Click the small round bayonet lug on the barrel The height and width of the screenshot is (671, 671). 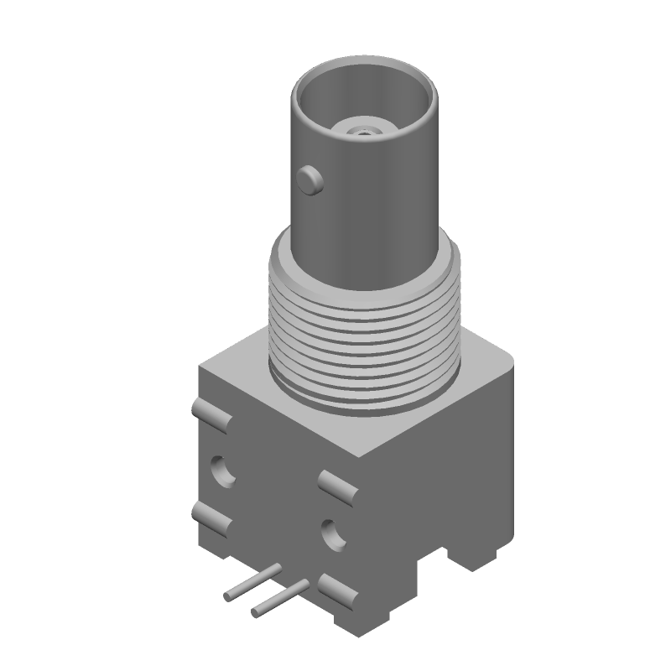tap(311, 179)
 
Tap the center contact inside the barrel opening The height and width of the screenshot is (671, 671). tap(362, 130)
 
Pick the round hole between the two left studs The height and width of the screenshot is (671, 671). tap(224, 471)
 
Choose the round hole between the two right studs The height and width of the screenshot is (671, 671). tap(332, 534)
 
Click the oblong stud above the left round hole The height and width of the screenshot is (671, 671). tap(211, 414)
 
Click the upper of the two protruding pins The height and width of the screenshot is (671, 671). tap(252, 582)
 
